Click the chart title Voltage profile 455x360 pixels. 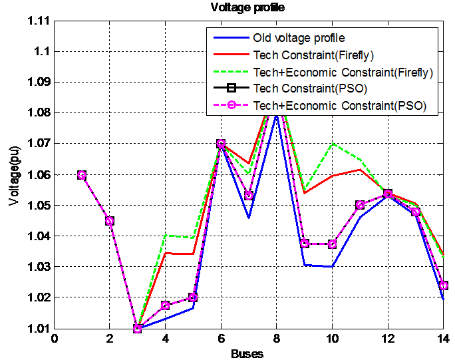(247, 8)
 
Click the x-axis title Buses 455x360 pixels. (247, 353)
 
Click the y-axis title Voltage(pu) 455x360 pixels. (14, 174)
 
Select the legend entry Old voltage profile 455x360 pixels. (299, 37)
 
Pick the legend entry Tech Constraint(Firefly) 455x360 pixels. (312, 55)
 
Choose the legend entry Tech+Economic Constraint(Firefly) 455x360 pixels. (343, 72)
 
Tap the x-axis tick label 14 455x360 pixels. (443, 339)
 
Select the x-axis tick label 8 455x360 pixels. (276, 339)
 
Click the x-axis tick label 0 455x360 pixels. (55, 339)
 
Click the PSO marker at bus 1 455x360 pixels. (82, 175)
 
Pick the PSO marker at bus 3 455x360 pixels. (138, 328)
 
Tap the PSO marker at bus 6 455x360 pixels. (221, 144)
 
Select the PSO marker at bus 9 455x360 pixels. (304, 244)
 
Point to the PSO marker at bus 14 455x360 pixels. (443, 285)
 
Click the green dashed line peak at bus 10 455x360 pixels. (332, 144)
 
